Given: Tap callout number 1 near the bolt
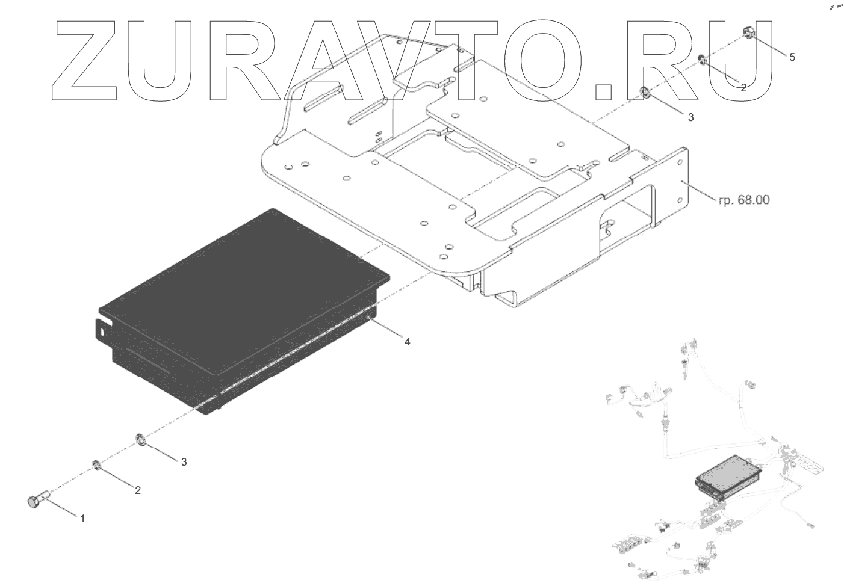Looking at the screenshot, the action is click(82, 518).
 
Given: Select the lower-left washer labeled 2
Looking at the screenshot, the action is click(96, 464).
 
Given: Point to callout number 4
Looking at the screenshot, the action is click(407, 342).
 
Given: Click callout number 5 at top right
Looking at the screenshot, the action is click(792, 57).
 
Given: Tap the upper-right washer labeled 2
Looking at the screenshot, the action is click(701, 59).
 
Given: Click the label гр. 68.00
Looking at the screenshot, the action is click(743, 200).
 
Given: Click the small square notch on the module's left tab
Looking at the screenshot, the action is click(104, 330).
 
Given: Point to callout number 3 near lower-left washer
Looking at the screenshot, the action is click(184, 462).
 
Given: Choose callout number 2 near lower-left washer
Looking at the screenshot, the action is click(138, 490).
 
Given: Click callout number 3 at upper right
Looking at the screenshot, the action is click(690, 117).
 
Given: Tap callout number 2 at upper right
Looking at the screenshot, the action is click(743, 88).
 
